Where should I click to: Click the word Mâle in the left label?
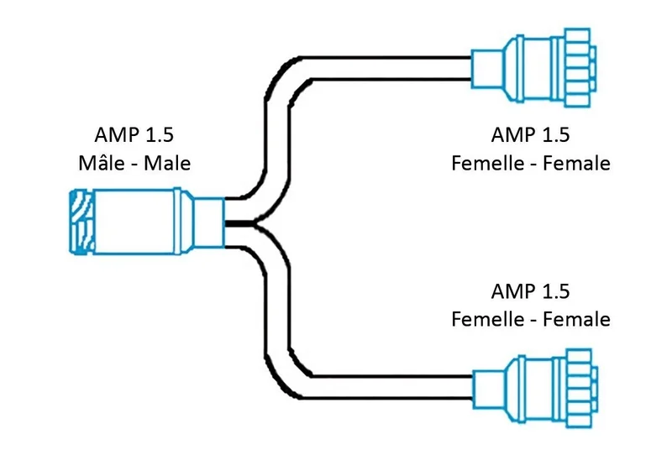click(97, 162)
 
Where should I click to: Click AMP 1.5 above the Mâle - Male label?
click(134, 134)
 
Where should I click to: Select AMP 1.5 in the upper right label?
click(530, 134)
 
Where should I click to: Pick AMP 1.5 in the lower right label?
click(530, 291)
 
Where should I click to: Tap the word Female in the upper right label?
click(576, 163)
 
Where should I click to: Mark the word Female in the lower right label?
click(576, 319)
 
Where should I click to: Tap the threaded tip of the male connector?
click(81, 221)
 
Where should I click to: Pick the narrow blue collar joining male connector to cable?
click(210, 222)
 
